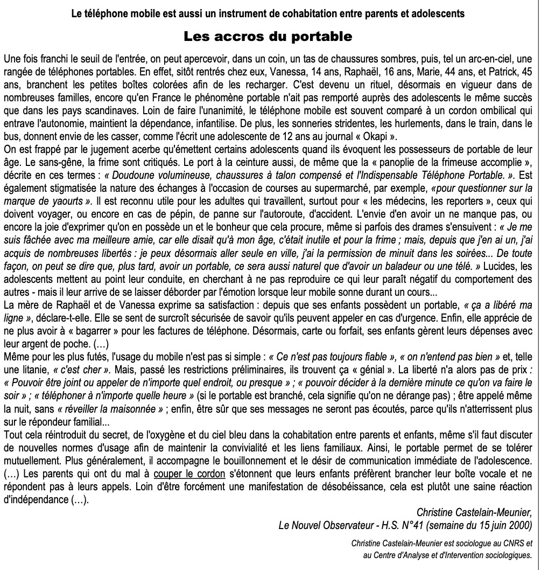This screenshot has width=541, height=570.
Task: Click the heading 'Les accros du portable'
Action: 268,37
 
